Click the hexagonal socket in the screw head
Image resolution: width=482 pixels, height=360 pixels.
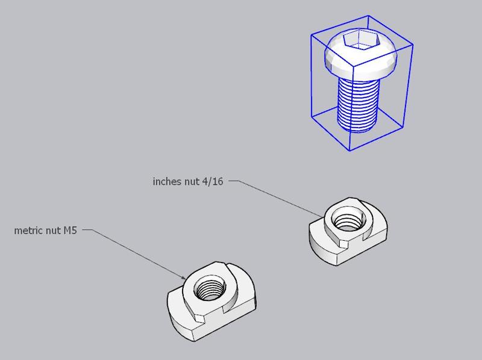(356, 42)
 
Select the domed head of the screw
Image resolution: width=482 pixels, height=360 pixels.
(337, 60)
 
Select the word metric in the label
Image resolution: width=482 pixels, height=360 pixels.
(28, 231)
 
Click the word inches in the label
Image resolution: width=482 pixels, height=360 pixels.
(166, 181)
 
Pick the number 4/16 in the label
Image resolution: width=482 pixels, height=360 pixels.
(213, 181)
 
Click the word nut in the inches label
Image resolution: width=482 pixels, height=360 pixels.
(191, 181)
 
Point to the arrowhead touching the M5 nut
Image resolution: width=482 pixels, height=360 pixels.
(183, 278)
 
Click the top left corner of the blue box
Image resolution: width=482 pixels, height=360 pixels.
(311, 35)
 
